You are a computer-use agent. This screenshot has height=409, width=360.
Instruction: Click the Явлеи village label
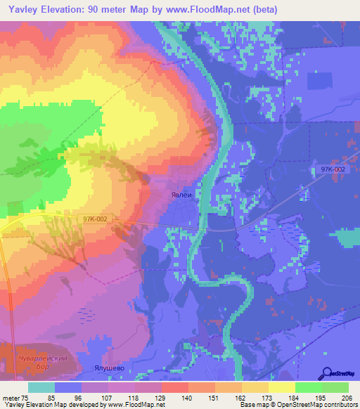point(182,197)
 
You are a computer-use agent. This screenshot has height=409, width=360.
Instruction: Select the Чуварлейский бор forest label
point(36,363)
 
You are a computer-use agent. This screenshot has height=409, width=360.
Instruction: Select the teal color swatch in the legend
point(41,387)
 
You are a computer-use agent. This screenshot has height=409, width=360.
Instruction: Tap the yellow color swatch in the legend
point(282,387)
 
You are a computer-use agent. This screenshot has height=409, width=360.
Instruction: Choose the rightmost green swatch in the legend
point(335,387)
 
